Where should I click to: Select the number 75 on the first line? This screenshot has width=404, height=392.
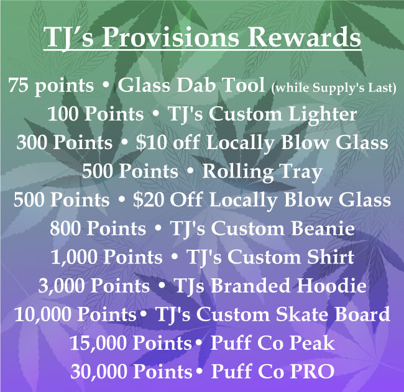[18, 85]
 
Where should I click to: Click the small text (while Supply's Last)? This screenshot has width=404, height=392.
[334, 88]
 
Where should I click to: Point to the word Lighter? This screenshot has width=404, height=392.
[323, 114]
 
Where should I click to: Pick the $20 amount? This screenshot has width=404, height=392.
[149, 200]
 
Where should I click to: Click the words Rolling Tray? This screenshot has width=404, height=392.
[262, 172]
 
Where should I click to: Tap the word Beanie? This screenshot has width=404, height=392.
[323, 229]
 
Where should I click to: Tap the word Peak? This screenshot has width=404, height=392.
[313, 343]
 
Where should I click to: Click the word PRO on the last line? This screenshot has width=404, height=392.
[313, 371]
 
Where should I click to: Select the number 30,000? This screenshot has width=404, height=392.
[99, 371]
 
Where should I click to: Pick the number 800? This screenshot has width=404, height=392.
[65, 229]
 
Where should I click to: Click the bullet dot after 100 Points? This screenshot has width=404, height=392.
[155, 114]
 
